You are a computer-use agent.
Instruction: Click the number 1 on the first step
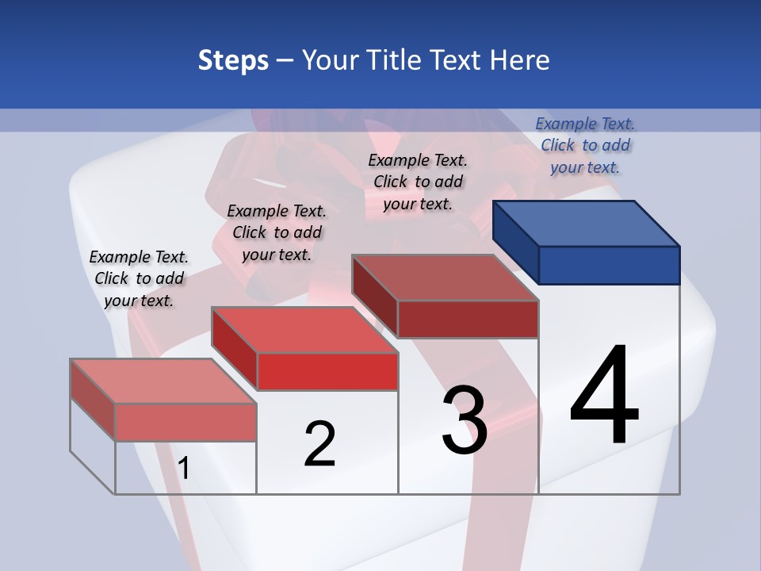point(184,469)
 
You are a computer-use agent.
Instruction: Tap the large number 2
point(319,444)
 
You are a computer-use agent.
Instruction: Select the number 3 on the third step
point(465,420)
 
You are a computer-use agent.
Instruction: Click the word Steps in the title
point(233,60)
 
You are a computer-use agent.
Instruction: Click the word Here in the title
point(519,60)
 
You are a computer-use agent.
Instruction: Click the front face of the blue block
point(609,265)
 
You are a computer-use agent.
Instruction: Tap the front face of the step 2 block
point(327,371)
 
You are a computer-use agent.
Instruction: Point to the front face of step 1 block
point(185,422)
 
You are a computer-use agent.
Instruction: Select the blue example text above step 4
point(585,145)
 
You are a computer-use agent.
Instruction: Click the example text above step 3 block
point(418,182)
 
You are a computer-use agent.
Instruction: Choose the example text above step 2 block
point(277,232)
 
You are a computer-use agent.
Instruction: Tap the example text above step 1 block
point(139,278)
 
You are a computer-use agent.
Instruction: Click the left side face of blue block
point(516,241)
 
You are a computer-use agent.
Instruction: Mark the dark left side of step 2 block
point(235,349)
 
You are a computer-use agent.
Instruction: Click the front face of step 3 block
point(468,319)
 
